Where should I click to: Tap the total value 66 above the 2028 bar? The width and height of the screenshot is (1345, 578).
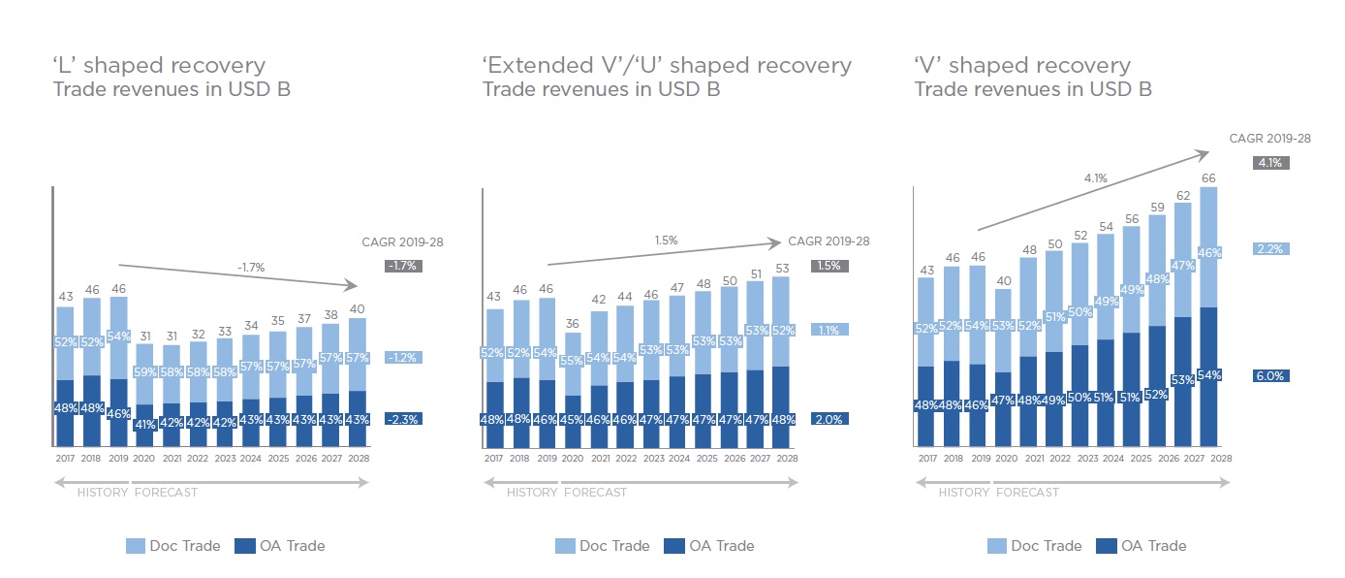click(x=1207, y=177)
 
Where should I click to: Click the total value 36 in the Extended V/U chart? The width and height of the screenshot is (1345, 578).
click(x=574, y=324)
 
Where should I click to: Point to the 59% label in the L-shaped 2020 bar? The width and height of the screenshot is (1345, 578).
click(x=144, y=371)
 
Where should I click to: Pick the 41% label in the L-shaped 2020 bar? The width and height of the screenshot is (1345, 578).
click(x=144, y=424)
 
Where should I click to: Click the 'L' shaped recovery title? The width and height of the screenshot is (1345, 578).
click(x=159, y=66)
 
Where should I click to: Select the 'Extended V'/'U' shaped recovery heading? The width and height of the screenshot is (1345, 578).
click(x=667, y=66)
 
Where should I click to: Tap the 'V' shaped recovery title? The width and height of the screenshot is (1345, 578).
click(x=1022, y=66)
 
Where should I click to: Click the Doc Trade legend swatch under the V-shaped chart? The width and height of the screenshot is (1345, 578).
click(x=997, y=546)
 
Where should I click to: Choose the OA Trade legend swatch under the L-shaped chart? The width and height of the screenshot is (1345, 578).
click(x=245, y=546)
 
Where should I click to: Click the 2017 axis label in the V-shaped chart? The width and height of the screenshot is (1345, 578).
click(x=926, y=458)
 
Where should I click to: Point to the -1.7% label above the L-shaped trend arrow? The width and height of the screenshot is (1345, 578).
click(x=251, y=267)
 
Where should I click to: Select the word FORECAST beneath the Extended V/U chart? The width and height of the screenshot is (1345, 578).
click(x=595, y=493)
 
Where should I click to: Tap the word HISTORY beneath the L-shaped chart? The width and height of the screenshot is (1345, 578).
click(x=103, y=493)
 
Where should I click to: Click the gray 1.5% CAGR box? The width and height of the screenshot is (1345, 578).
click(x=829, y=266)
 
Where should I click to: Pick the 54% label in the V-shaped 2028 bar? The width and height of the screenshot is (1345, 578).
click(x=1207, y=374)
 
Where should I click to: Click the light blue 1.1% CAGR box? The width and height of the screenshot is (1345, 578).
click(x=829, y=330)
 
